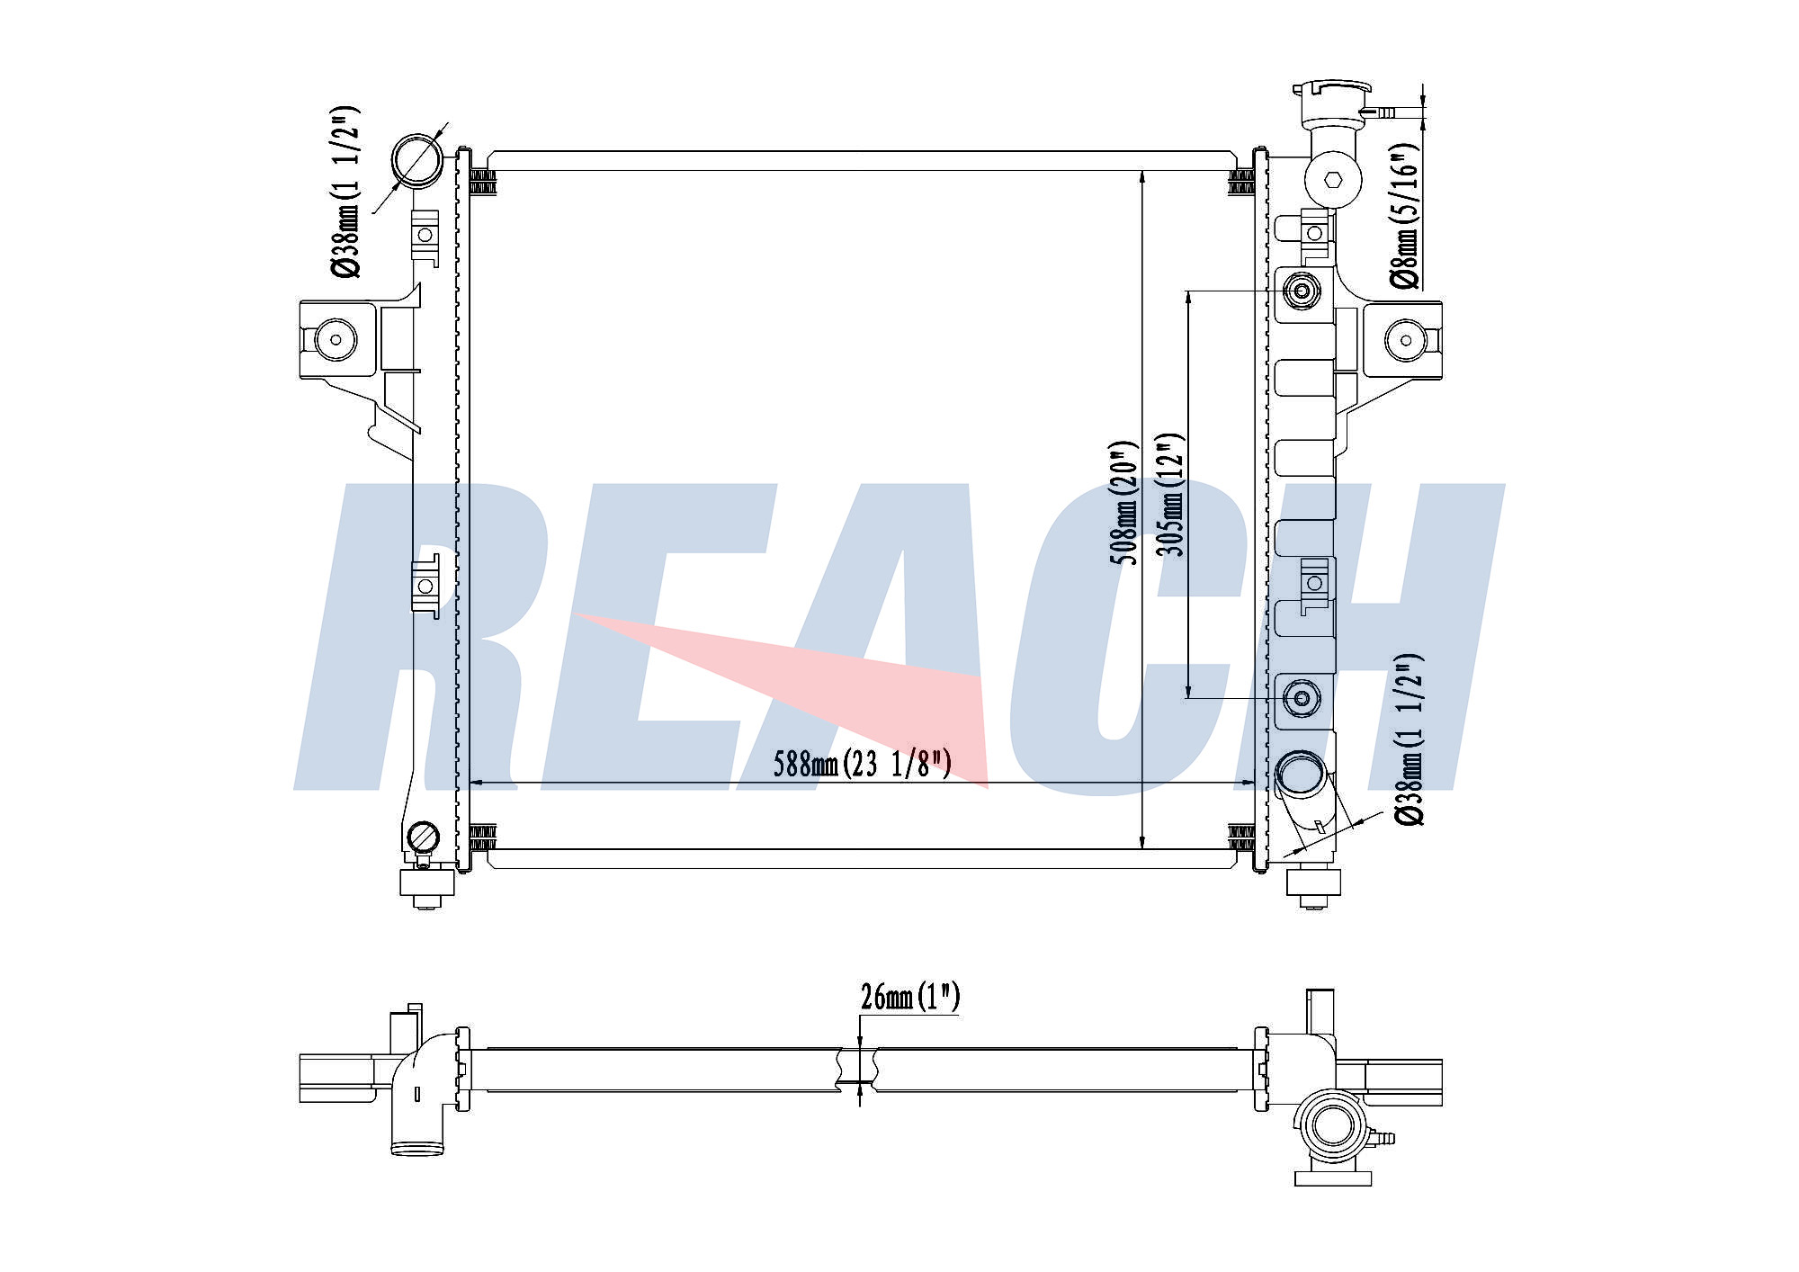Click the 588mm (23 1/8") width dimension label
[x=862, y=764]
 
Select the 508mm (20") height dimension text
[x=1123, y=503]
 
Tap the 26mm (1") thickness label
[x=910, y=997]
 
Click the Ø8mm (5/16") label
[x=1405, y=216]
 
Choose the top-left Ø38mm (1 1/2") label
[x=345, y=192]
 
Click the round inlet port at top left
[x=417, y=159]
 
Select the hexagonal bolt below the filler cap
[x=1334, y=179]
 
